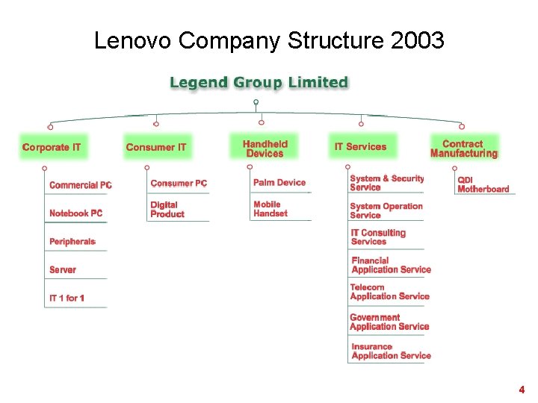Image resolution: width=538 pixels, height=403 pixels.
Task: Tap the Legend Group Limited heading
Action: pos(259,82)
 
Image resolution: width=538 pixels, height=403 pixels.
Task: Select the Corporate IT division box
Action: pos(52,147)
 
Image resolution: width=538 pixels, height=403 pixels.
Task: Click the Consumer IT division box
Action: pos(155,147)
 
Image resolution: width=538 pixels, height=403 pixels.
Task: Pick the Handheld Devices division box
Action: pos(265,148)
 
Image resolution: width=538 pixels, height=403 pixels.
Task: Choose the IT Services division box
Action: pos(361,147)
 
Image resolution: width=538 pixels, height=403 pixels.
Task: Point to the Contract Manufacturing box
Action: pos(463,149)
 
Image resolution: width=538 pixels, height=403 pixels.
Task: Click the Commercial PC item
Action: pos(80,185)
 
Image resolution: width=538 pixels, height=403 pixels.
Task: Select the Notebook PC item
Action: pos(75,213)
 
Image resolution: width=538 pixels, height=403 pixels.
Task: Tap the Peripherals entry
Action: pos(72,242)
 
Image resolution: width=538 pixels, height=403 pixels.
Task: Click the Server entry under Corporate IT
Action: pos(63,269)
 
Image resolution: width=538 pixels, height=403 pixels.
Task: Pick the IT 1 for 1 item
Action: pos(67,299)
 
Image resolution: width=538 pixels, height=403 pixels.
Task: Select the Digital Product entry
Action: pos(167,210)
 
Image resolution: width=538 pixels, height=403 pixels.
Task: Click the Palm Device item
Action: pos(279,182)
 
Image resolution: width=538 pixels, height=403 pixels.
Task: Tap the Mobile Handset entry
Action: pos(270,209)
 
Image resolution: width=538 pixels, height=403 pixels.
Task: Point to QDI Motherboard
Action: pos(483,184)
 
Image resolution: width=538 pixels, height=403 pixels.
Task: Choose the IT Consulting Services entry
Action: pos(378,237)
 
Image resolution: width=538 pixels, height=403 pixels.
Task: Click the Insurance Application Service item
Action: pos(391,352)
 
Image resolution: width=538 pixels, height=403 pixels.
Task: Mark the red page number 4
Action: pos(522,390)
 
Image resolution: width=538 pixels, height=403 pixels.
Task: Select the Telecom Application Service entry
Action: pos(389,292)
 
